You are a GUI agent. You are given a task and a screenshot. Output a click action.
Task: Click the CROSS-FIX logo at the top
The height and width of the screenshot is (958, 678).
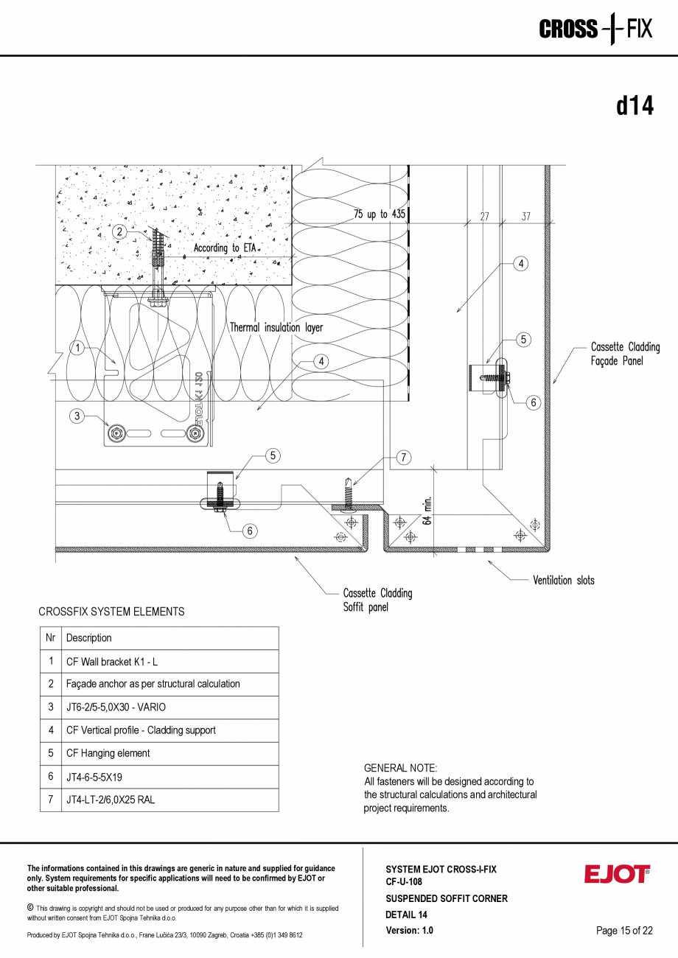(x=595, y=29)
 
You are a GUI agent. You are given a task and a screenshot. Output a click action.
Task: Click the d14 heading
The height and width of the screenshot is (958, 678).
(x=635, y=107)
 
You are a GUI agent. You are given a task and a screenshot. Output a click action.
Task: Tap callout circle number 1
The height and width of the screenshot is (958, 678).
(x=75, y=347)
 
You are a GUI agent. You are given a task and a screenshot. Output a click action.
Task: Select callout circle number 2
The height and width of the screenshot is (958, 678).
(x=119, y=231)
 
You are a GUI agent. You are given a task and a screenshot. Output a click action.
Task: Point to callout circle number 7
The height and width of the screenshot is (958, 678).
(x=403, y=457)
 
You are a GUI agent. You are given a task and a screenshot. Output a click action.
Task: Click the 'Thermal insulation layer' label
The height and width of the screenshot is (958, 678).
(x=276, y=327)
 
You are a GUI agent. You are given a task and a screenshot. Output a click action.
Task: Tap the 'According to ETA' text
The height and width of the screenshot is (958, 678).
(x=225, y=248)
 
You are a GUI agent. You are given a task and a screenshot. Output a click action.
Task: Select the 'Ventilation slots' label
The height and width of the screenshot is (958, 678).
(x=564, y=580)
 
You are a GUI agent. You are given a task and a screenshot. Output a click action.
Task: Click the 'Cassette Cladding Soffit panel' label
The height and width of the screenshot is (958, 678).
(x=377, y=600)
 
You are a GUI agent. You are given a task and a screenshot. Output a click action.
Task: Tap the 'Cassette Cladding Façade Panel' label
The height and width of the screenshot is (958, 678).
(x=625, y=354)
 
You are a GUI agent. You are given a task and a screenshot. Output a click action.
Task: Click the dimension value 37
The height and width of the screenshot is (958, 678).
(x=525, y=217)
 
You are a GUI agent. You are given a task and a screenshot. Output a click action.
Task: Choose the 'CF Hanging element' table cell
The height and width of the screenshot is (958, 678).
(x=108, y=753)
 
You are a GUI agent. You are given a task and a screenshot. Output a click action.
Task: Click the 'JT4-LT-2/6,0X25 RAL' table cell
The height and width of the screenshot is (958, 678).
(x=111, y=800)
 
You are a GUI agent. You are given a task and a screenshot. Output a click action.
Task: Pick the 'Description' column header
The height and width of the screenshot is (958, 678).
(x=89, y=638)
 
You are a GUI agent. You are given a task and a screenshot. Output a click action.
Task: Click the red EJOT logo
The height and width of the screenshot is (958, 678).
(x=617, y=875)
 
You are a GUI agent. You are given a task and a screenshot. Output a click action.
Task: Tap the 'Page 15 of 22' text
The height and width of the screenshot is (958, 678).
(x=624, y=931)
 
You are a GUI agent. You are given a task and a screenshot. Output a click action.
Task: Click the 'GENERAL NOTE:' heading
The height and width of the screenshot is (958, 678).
(x=400, y=768)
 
